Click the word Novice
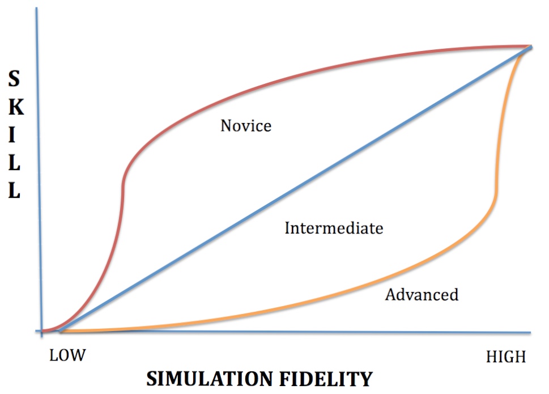coord(246,126)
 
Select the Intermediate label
coord(334,228)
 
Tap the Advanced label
coord(422,295)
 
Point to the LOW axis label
coord(67,355)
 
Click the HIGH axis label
coord(506,357)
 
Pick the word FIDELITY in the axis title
coord(326,379)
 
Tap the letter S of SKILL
coord(14,78)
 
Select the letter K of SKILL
coord(16,107)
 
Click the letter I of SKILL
coord(12,135)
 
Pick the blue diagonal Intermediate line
coord(296,189)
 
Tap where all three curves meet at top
coord(530,47)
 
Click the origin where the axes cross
coord(42,331)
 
